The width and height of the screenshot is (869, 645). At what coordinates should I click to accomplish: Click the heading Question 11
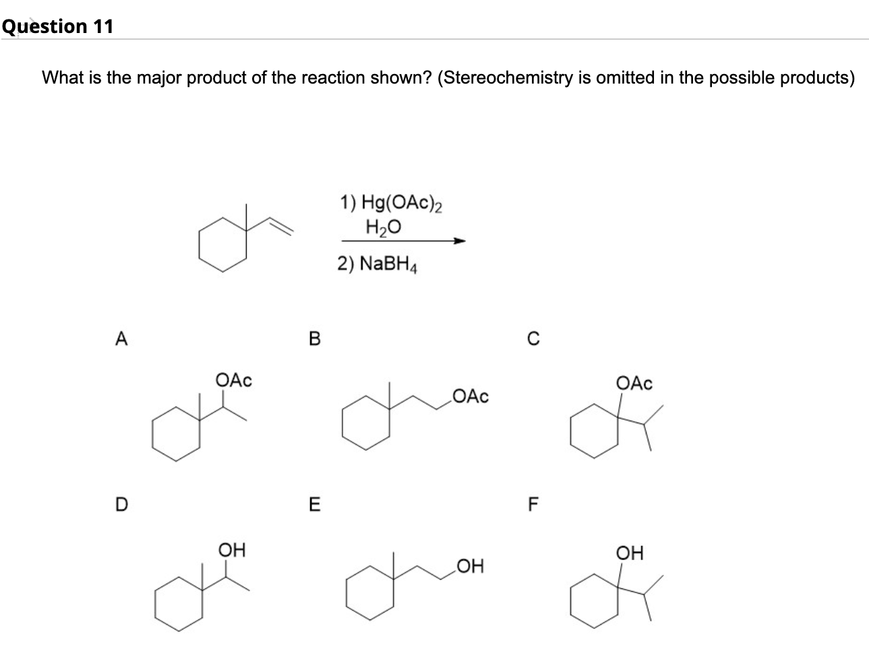pos(57,26)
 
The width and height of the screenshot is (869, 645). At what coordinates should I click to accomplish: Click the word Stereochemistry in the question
pos(503,78)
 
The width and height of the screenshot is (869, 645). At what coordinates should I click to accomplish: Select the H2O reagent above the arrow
pos(383,228)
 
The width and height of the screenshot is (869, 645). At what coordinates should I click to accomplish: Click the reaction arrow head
pos(460,241)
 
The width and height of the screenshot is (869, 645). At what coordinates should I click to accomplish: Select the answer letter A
pos(121,339)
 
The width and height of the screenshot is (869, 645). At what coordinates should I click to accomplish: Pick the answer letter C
pos(533,339)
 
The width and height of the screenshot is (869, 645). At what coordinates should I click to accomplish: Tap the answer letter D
pos(121,503)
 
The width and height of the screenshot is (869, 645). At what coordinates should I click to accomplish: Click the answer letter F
pos(533,503)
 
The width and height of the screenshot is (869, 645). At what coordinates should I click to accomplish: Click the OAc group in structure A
pos(233,380)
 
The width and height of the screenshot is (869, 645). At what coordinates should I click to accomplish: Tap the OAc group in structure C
pos(634,383)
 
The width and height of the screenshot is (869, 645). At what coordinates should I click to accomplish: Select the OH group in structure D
pos(232,550)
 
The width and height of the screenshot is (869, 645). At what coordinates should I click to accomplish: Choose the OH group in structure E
pos(470,566)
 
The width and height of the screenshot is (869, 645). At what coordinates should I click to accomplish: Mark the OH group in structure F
pos(630,553)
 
